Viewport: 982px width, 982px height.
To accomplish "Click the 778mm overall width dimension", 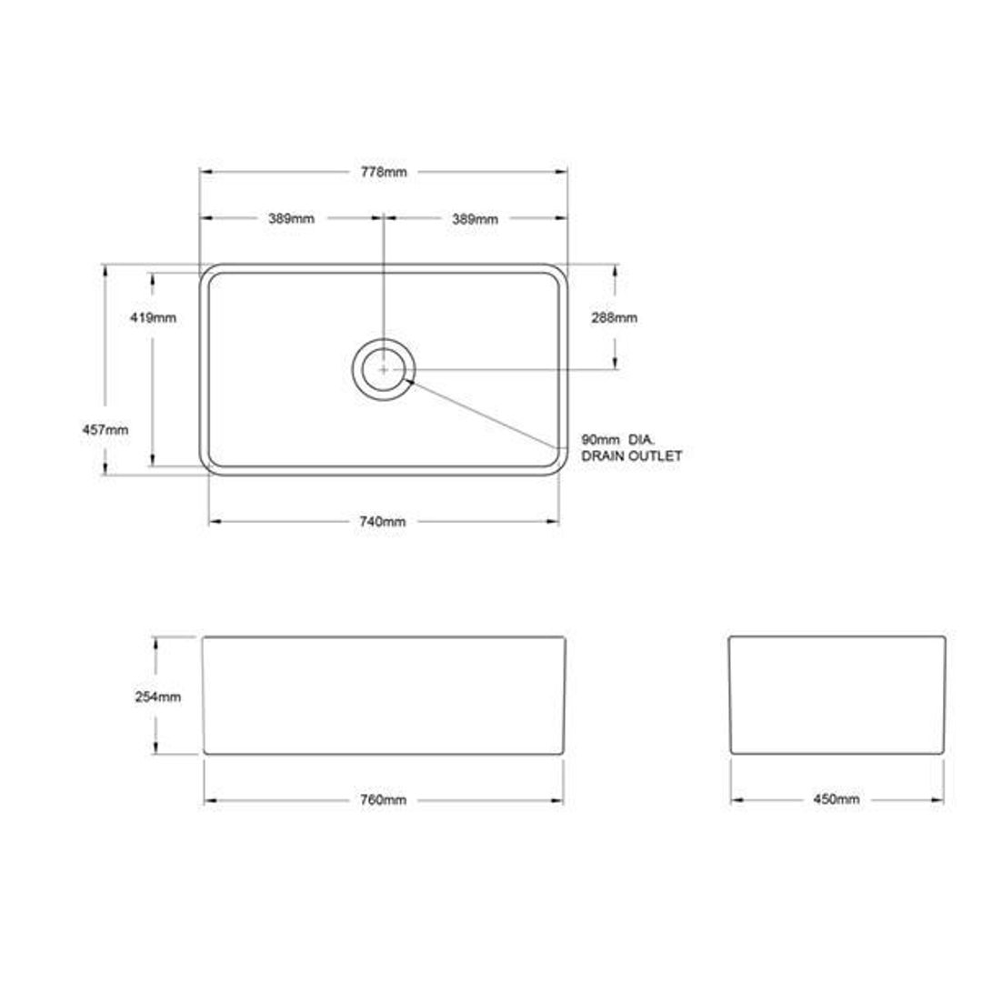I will click(383, 172).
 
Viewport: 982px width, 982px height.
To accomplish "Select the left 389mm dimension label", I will click(291, 219).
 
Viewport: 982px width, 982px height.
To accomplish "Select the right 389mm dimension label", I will click(475, 219).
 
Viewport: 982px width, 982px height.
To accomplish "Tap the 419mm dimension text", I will click(153, 317).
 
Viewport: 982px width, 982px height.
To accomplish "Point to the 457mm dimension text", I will click(105, 429).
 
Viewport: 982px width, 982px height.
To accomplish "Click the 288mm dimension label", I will click(614, 317).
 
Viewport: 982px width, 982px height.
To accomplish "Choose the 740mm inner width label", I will click(383, 521).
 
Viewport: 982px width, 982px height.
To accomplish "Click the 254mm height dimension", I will click(158, 696).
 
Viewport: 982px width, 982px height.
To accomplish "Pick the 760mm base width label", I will click(383, 800).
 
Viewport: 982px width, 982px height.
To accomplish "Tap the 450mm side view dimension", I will click(836, 800).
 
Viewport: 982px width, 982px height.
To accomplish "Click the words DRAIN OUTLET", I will click(632, 456).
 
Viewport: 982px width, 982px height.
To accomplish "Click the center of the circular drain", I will click(384, 369).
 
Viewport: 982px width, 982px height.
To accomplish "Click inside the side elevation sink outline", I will click(837, 695).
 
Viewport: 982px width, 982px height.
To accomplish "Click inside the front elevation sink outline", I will click(383, 695).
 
